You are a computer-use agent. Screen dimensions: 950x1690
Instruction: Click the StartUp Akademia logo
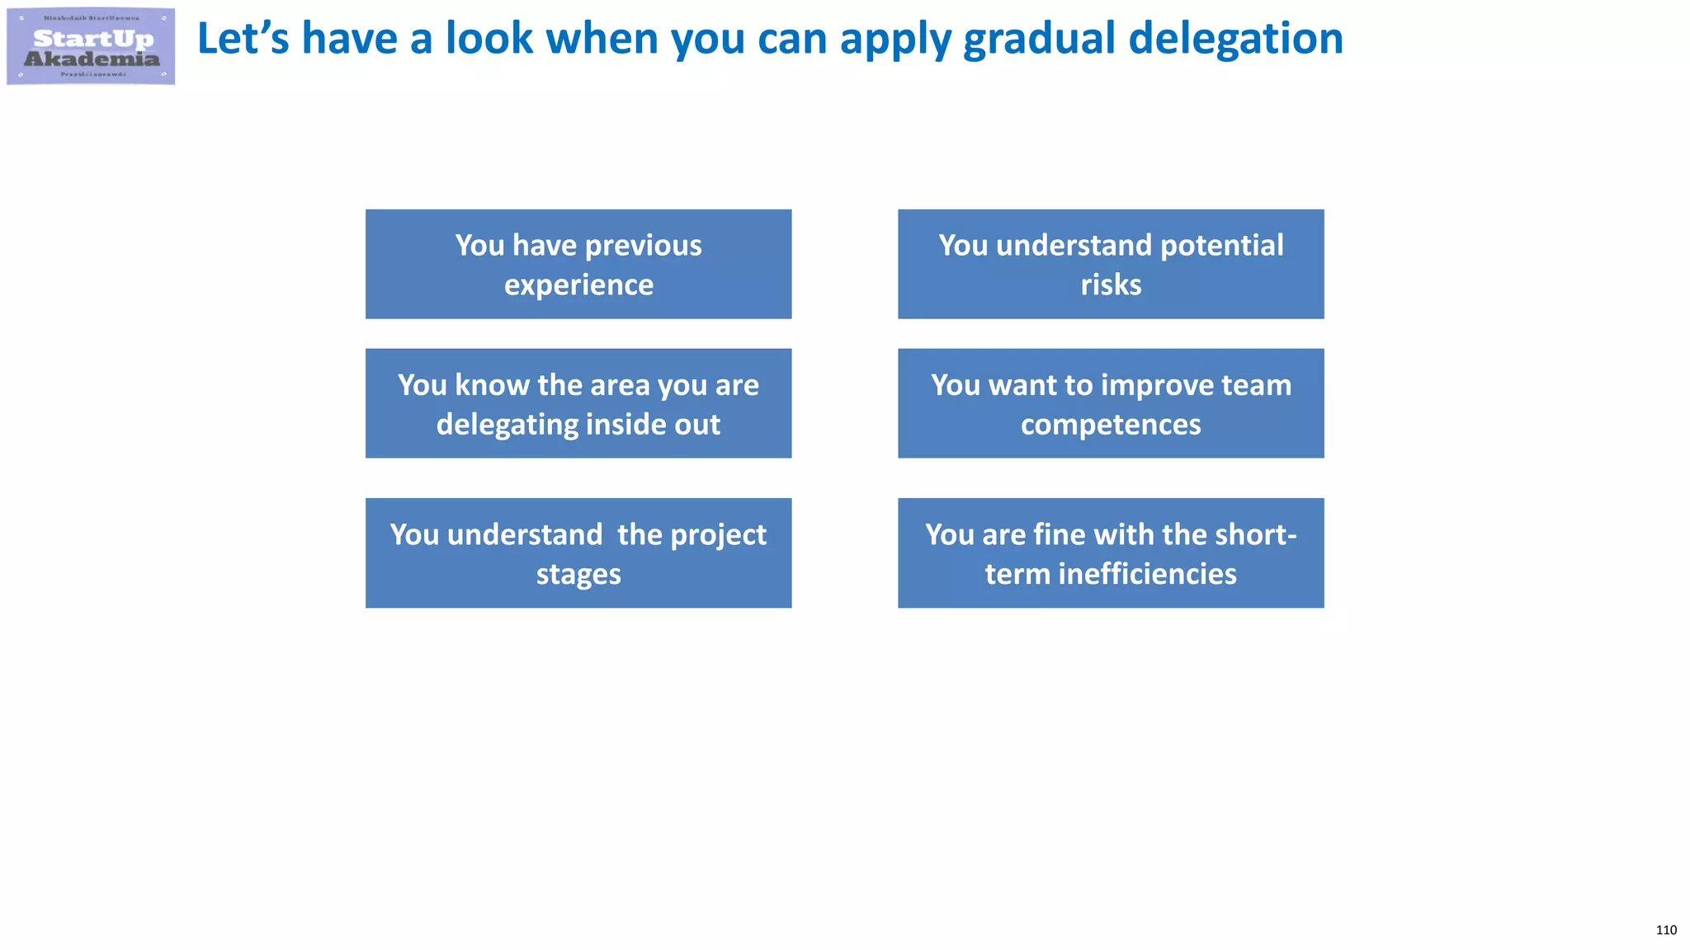pos(91,46)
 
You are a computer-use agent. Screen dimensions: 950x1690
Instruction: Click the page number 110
pos(1665,930)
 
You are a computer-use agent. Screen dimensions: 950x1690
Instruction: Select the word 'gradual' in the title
pos(1039,39)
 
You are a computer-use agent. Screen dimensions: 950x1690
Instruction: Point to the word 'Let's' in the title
pos(243,39)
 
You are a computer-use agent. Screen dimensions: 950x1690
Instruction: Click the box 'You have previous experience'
pos(578,264)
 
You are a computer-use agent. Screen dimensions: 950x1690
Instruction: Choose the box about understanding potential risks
pos(1111,264)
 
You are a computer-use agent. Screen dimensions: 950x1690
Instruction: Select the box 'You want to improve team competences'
pos(1111,403)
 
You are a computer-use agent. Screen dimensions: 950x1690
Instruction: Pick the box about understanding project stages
pos(578,553)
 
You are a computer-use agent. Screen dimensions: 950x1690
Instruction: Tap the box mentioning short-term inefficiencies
pos(1111,553)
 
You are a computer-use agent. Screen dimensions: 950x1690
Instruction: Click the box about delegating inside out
pos(578,403)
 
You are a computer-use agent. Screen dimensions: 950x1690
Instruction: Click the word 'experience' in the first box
pos(578,285)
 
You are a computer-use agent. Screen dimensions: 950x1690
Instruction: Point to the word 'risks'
pos(1111,285)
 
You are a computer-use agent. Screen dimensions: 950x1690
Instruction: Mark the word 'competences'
pos(1111,425)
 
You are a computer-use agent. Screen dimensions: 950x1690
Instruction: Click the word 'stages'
pos(578,575)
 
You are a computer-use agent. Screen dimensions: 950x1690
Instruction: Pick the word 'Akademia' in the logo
pos(92,59)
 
